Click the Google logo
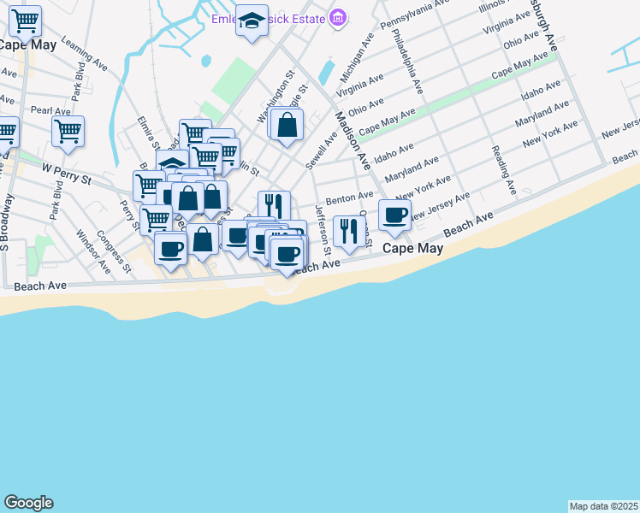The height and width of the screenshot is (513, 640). click(28, 503)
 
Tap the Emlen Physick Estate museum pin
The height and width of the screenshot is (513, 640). click(338, 18)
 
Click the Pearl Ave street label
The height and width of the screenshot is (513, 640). click(50, 111)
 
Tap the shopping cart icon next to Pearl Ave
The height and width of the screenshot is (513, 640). click(68, 132)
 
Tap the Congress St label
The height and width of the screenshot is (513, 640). click(113, 251)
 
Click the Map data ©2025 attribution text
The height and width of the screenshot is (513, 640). click(604, 506)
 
